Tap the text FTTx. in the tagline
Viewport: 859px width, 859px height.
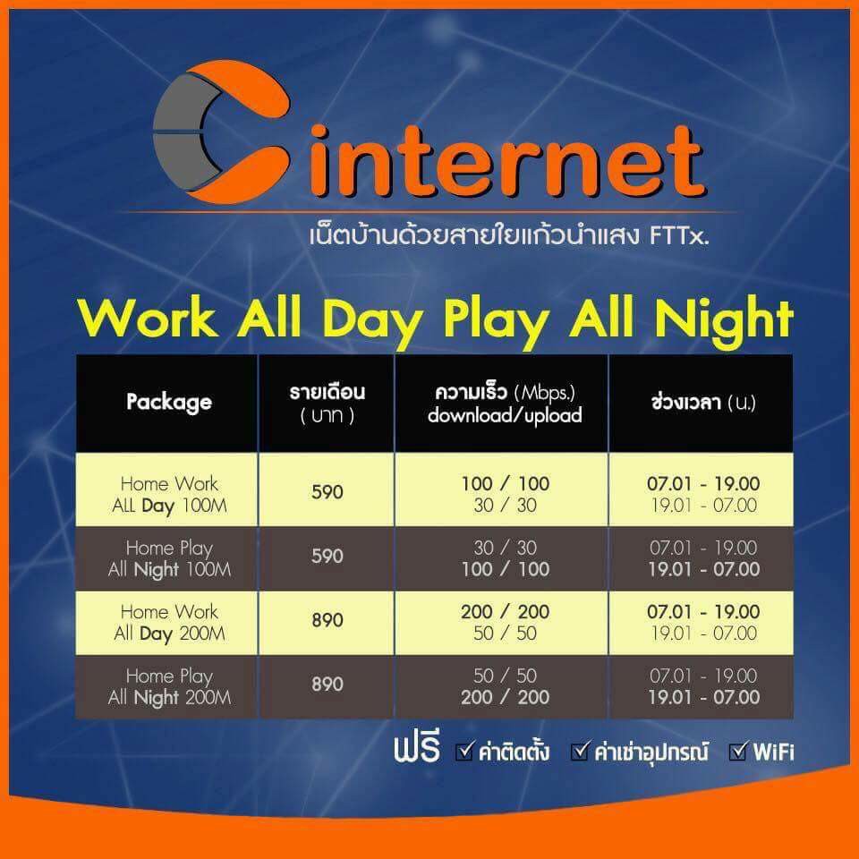click(x=679, y=236)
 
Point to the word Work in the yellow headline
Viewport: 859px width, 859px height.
click(x=148, y=318)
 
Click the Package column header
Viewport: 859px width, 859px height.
click(x=169, y=402)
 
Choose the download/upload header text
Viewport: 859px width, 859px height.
click(x=505, y=415)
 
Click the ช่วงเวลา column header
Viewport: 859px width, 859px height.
click(x=703, y=403)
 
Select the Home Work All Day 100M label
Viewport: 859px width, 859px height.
click(x=169, y=495)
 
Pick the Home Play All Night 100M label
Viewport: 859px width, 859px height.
click(x=169, y=558)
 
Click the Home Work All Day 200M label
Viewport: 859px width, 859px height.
click(x=169, y=623)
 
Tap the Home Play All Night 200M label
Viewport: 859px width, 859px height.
click(x=169, y=687)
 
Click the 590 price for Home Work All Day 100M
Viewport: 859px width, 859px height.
click(x=327, y=492)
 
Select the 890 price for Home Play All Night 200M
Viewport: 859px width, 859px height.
click(x=327, y=685)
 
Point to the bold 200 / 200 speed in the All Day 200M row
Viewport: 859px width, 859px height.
click(x=505, y=612)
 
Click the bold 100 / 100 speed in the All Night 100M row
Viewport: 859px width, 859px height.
click(x=505, y=570)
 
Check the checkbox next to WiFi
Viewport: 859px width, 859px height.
click(x=738, y=751)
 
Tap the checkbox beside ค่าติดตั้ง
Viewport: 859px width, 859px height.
click(x=464, y=751)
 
